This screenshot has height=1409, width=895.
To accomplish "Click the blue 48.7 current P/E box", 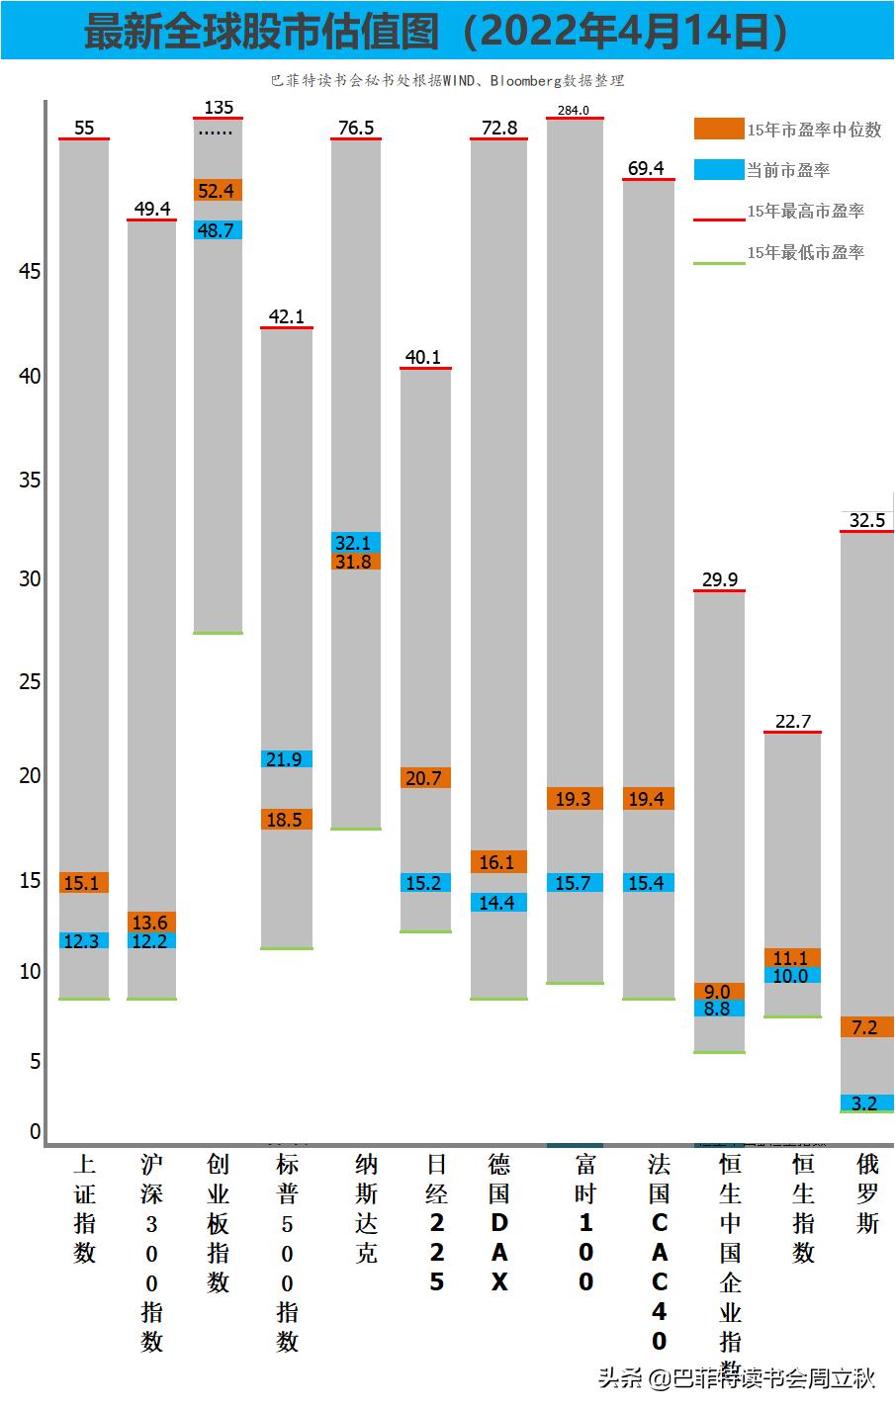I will pyautogui.click(x=218, y=229).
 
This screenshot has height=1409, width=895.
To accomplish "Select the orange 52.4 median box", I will pyautogui.click(x=218, y=190).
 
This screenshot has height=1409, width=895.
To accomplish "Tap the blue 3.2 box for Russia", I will pyautogui.click(x=866, y=1102).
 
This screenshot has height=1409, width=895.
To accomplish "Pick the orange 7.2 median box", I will pyautogui.click(x=866, y=1027).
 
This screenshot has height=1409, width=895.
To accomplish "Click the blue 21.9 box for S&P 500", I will pyautogui.click(x=286, y=759).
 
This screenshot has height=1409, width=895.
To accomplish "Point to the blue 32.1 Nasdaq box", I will pyautogui.click(x=355, y=542).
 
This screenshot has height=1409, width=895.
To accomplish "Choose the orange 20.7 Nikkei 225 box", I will pyautogui.click(x=425, y=778).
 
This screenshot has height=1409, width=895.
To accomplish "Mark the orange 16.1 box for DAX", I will pyautogui.click(x=497, y=862).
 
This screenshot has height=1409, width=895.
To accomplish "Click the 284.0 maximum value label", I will pyautogui.click(x=574, y=110).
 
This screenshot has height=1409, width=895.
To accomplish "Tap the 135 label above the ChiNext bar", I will pyautogui.click(x=219, y=107).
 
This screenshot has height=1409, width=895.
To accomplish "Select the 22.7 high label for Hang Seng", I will pyautogui.click(x=793, y=721).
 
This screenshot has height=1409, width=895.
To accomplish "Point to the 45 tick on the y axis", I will pyautogui.click(x=30, y=271).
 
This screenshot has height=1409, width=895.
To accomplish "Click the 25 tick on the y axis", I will pyautogui.click(x=30, y=681).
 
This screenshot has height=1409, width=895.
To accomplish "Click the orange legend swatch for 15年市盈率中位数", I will pyautogui.click(x=718, y=129).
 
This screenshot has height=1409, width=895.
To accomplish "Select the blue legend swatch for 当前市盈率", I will pyautogui.click(x=718, y=170).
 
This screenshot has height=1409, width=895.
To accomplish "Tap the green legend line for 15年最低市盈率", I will pyautogui.click(x=718, y=263).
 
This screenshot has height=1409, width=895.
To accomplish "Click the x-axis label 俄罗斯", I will pyautogui.click(x=867, y=1193).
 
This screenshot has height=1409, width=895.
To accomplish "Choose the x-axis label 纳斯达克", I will pyautogui.click(x=366, y=1208).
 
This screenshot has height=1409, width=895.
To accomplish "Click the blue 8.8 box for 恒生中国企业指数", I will pyautogui.click(x=719, y=1009).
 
